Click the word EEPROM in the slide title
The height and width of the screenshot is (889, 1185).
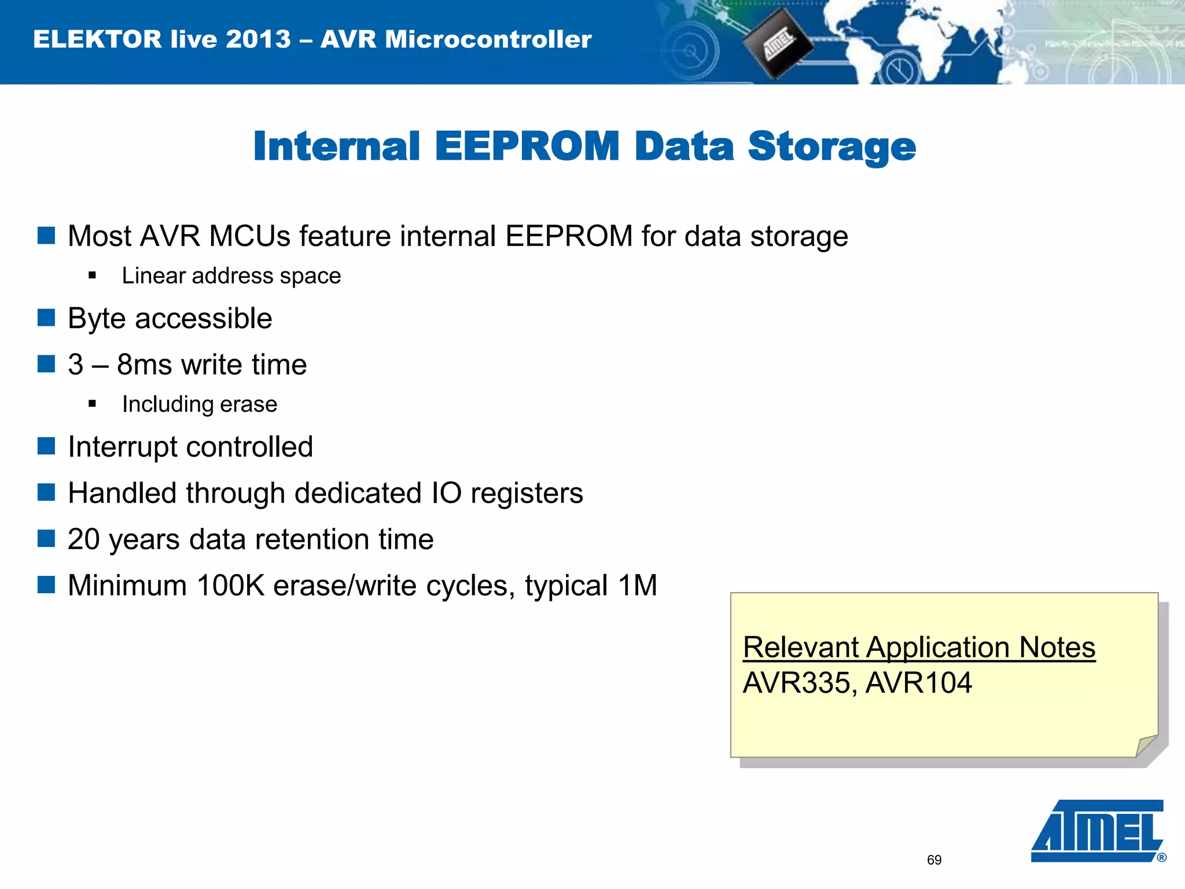527,146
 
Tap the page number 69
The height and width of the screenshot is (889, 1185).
934,860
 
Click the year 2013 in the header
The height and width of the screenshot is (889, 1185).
258,39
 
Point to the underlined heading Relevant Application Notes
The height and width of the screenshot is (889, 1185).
919,647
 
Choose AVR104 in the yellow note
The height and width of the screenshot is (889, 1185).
919,683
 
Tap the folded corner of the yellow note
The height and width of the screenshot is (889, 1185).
1146,745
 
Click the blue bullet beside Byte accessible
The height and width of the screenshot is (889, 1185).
46,318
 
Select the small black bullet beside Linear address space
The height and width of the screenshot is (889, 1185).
93,275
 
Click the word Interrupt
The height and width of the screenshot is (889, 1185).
122,447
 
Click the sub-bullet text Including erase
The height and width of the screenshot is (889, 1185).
200,404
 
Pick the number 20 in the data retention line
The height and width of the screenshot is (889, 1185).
84,539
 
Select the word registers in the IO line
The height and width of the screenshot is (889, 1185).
527,494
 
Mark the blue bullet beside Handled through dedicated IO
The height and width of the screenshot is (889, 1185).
46,493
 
